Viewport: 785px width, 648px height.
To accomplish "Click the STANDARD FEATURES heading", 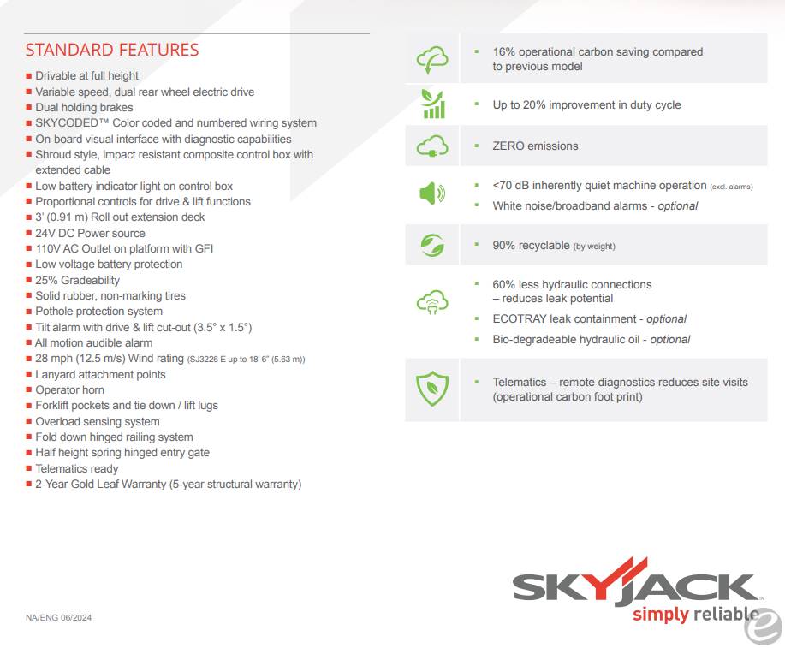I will (x=111, y=50).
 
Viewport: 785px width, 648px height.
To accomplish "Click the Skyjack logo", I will (x=636, y=586).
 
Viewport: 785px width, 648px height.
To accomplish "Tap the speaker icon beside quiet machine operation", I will (x=431, y=194).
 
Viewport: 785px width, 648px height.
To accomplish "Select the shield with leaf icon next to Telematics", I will (x=431, y=389).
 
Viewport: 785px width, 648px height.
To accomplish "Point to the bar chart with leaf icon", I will (x=432, y=104).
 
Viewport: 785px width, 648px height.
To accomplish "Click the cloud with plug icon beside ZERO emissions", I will (x=431, y=146).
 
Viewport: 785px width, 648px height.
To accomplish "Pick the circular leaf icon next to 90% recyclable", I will (x=431, y=246).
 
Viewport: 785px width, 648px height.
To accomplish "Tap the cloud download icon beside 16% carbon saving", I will (x=431, y=59).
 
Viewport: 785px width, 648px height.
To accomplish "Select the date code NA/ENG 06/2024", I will (x=58, y=618).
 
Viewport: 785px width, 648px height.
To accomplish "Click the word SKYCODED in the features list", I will (x=67, y=123).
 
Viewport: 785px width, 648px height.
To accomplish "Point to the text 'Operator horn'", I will (x=69, y=390).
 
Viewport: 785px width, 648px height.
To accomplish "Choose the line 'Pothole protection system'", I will (x=98, y=312).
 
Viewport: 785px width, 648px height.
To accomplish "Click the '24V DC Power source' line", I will (x=90, y=233).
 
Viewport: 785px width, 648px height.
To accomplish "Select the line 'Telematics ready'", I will (x=77, y=468).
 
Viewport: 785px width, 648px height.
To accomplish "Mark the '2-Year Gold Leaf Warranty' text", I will (x=100, y=485).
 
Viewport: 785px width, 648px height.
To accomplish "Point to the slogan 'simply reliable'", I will (x=695, y=614).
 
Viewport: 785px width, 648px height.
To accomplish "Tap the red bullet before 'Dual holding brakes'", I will (x=29, y=108).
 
